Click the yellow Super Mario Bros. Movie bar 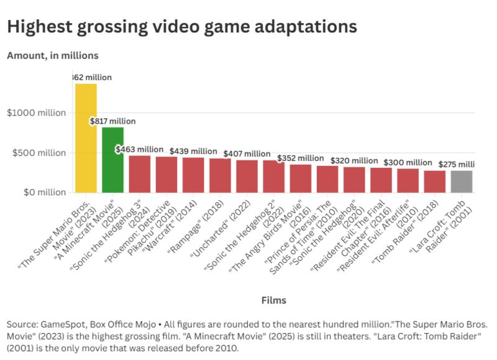tap(86, 138)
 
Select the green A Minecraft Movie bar tap(112, 160)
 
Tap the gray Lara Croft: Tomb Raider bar tap(462, 182)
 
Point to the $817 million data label tap(112, 121)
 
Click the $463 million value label tap(140, 149)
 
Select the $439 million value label tap(193, 151)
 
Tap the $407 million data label tap(247, 154)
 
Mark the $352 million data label tap(300, 158)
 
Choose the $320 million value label tap(353, 160)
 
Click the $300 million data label tap(408, 162)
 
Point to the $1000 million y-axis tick tap(37, 113)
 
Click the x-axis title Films tap(274, 300)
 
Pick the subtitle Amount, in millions tap(53, 55)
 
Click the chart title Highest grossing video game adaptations tap(182, 27)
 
